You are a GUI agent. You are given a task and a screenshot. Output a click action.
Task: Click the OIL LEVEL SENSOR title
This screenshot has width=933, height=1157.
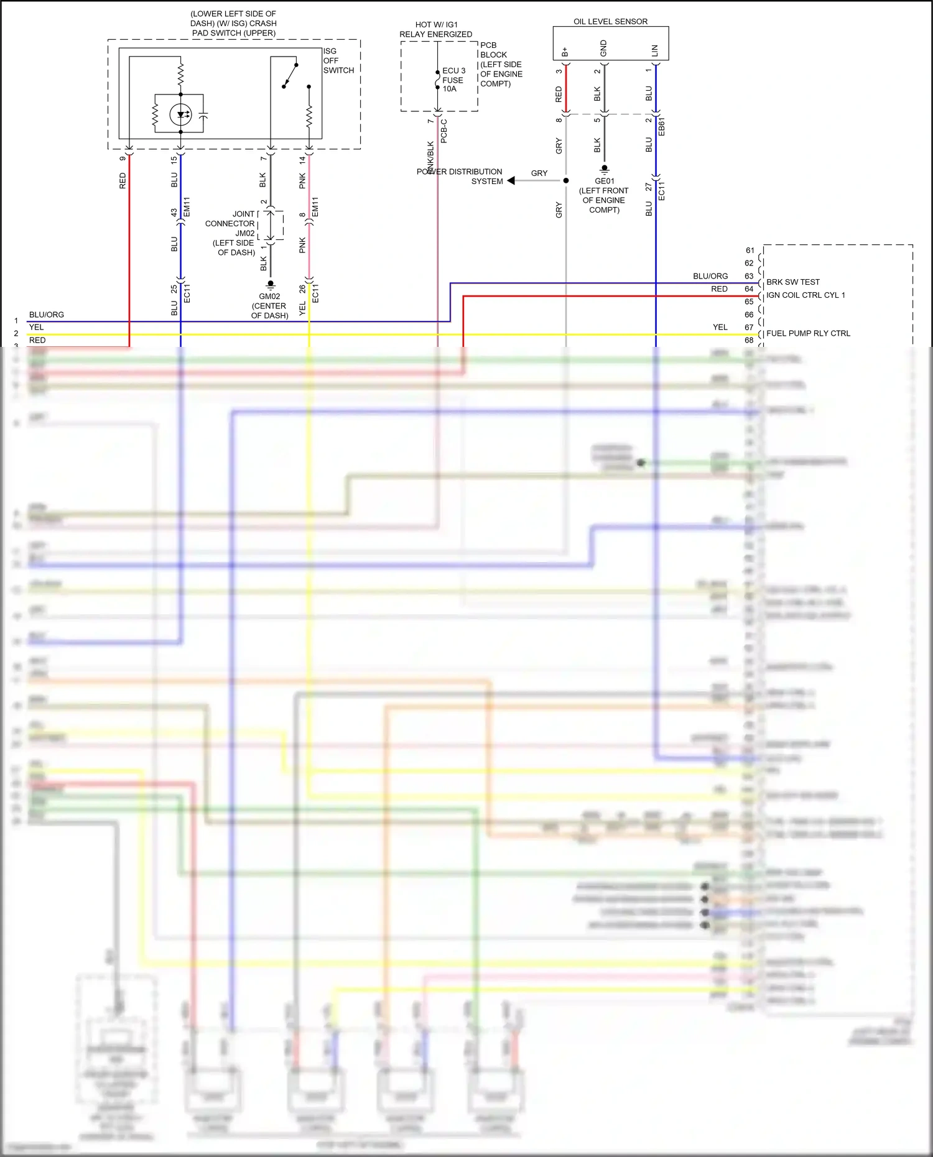tap(610, 21)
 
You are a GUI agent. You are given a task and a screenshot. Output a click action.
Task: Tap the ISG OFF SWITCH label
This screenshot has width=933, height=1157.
tap(338, 60)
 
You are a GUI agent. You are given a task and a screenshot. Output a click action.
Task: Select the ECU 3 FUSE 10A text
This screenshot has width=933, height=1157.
tap(453, 80)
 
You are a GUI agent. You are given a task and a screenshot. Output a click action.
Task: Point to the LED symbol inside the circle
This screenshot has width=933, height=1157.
tap(181, 114)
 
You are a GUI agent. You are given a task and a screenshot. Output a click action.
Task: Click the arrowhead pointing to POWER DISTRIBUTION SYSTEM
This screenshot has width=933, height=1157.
tap(511, 181)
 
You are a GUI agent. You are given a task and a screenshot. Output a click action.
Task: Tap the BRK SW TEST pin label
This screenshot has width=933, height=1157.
tap(792, 282)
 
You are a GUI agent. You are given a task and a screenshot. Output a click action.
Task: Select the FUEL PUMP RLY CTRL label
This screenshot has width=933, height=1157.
tap(808, 333)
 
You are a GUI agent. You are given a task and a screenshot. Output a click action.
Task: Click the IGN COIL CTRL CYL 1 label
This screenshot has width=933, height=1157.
tap(805, 295)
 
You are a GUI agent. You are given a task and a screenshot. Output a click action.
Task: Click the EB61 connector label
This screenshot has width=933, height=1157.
tap(662, 126)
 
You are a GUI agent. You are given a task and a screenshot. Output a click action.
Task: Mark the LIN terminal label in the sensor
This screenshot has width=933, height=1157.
tap(654, 50)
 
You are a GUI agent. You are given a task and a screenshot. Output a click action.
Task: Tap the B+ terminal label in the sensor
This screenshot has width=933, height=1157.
tap(565, 52)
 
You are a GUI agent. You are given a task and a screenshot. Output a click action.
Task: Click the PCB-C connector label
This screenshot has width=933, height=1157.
tap(444, 131)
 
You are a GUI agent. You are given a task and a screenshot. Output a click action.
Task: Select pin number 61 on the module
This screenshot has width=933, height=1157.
tap(750, 250)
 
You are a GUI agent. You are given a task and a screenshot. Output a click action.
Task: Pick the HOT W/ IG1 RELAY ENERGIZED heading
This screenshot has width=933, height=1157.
tap(435, 29)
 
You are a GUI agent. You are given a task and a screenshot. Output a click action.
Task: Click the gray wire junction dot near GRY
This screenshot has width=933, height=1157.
tap(566, 181)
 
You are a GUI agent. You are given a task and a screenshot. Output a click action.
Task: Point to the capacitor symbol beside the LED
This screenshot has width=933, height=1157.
tap(203, 115)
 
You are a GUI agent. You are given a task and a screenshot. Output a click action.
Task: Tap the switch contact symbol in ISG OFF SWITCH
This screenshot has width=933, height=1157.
tap(290, 75)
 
